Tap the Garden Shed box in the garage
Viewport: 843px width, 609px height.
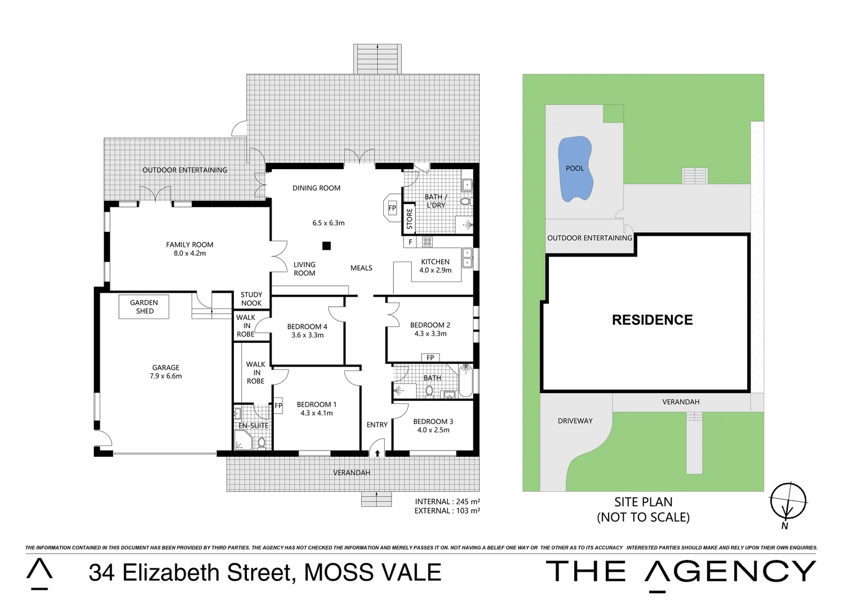[144, 307]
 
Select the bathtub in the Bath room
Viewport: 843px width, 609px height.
[465, 381]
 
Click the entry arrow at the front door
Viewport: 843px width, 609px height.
[377, 453]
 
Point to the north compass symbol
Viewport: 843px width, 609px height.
[788, 501]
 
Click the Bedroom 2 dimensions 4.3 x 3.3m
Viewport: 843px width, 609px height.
[431, 334]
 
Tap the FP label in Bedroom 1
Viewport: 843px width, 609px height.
[278, 405]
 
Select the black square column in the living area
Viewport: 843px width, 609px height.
[326, 245]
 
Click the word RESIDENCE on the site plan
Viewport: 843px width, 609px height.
[652, 320]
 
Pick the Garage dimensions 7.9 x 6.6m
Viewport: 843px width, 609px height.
[166, 376]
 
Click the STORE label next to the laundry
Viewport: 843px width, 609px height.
[410, 219]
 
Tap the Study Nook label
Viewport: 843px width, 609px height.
[251, 299]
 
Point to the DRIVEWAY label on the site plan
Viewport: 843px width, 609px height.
[575, 421]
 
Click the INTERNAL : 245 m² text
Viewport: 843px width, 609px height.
[447, 501]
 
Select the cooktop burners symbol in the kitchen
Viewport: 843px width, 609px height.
[427, 242]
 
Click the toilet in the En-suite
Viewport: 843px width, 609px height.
[261, 442]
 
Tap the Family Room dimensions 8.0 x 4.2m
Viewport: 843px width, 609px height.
[190, 254]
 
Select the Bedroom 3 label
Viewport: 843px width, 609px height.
[433, 422]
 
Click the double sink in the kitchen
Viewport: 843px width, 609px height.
[467, 258]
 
